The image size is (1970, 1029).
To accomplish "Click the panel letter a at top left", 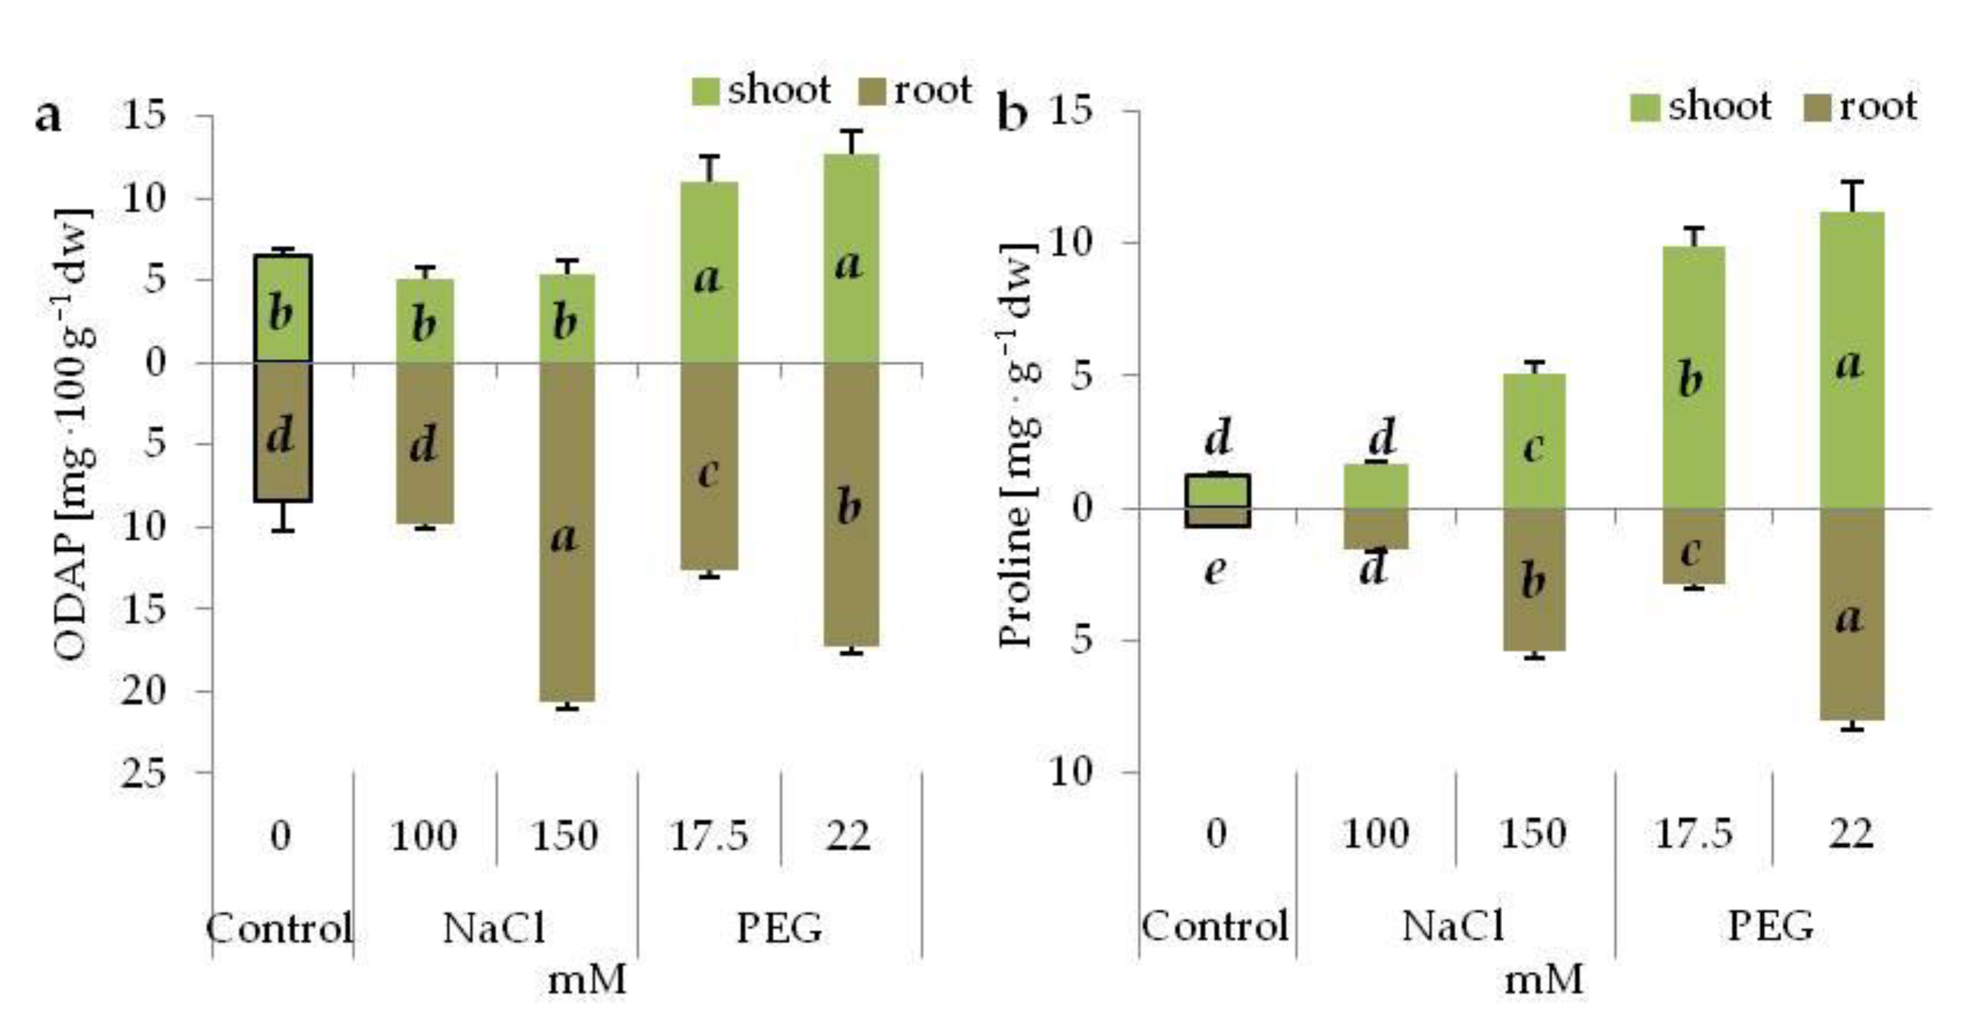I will pos(47,117).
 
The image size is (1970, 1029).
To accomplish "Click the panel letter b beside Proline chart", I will pos(1013,116).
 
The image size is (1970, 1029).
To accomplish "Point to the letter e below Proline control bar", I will pos(1215,569).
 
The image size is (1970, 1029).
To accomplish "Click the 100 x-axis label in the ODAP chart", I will pos(423,835).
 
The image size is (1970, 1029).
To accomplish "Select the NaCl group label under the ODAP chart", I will pos(494,928).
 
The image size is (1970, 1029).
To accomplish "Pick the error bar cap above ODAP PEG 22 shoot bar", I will pos(850,132).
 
